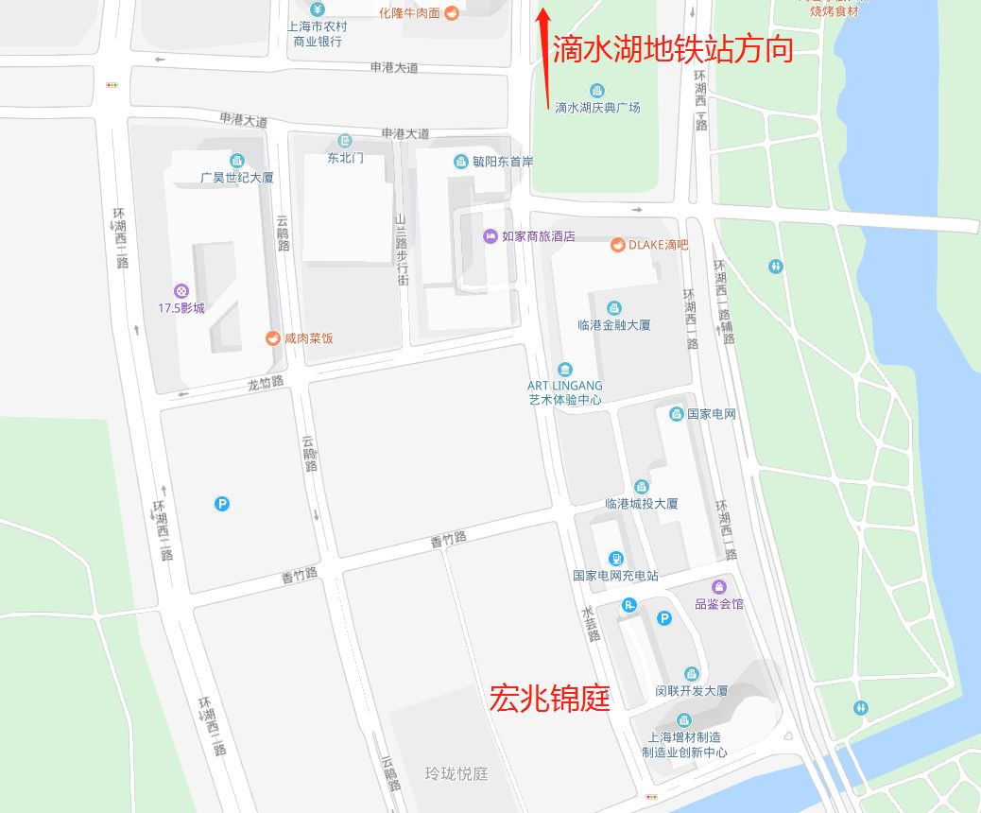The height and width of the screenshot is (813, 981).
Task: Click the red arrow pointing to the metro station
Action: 543,43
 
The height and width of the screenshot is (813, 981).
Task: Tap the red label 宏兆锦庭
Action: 549,699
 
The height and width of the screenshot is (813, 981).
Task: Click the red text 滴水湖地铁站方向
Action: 672,49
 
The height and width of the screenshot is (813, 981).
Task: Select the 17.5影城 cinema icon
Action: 181,291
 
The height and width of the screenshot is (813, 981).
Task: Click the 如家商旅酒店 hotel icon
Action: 491,236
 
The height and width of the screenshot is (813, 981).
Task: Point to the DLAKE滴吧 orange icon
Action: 617,245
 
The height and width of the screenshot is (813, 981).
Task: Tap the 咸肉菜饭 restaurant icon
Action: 274,338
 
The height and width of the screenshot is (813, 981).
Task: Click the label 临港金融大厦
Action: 613,324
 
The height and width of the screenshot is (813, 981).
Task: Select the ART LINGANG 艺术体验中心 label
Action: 565,392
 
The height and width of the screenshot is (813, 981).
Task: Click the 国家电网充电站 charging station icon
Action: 616,559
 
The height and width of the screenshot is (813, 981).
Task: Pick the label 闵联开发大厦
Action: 692,691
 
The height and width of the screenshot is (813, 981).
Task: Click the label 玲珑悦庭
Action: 456,774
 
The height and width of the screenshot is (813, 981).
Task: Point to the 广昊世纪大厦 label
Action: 237,177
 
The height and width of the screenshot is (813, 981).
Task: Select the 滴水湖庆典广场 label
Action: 597,108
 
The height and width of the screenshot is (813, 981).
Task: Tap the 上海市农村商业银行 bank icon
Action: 318,10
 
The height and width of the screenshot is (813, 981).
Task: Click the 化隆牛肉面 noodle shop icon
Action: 452,13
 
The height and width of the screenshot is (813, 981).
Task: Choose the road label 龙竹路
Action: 266,385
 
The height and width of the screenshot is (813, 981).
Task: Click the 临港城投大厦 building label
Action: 642,504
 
